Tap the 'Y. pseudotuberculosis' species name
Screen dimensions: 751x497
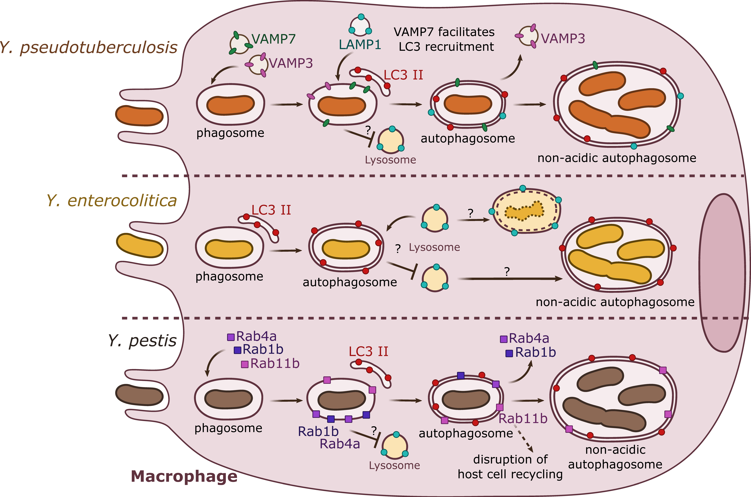pyautogui.click(x=88, y=48)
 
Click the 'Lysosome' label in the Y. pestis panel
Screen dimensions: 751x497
pyautogui.click(x=394, y=465)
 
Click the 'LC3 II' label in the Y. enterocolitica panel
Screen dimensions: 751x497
pyautogui.click(x=271, y=210)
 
